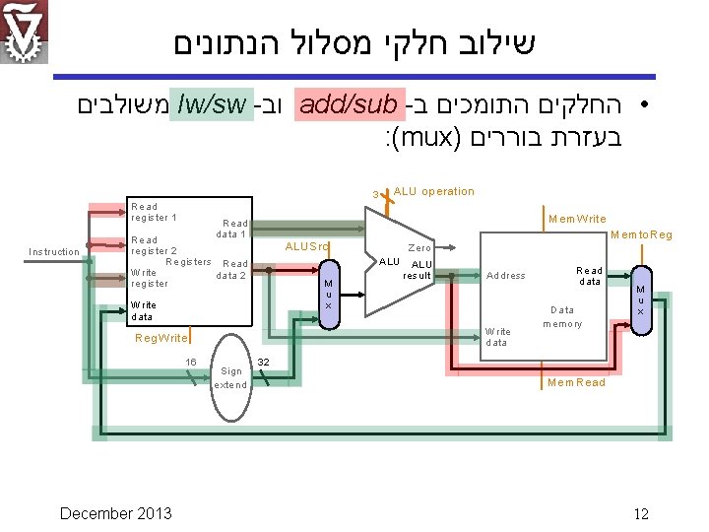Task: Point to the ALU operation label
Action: click(433, 191)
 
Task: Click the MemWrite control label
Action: click(577, 219)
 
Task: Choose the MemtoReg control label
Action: click(641, 234)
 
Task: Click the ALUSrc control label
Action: click(306, 246)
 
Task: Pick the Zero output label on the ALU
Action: click(419, 248)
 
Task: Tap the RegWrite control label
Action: click(161, 338)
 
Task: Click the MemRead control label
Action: click(576, 382)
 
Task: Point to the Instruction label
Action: click(54, 252)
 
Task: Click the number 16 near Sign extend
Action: click(191, 363)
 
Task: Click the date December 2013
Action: click(115, 513)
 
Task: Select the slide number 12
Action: click(641, 513)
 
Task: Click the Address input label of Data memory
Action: click(506, 276)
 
